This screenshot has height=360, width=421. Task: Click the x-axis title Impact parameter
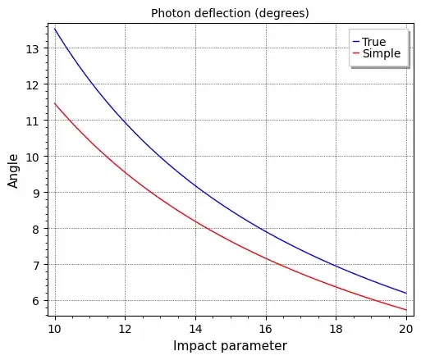(x=230, y=346)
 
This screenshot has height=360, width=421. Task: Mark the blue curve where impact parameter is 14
(x=194, y=187)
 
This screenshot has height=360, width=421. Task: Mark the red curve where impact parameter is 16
(x=265, y=259)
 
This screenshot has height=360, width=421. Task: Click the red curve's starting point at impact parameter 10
(x=54, y=103)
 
